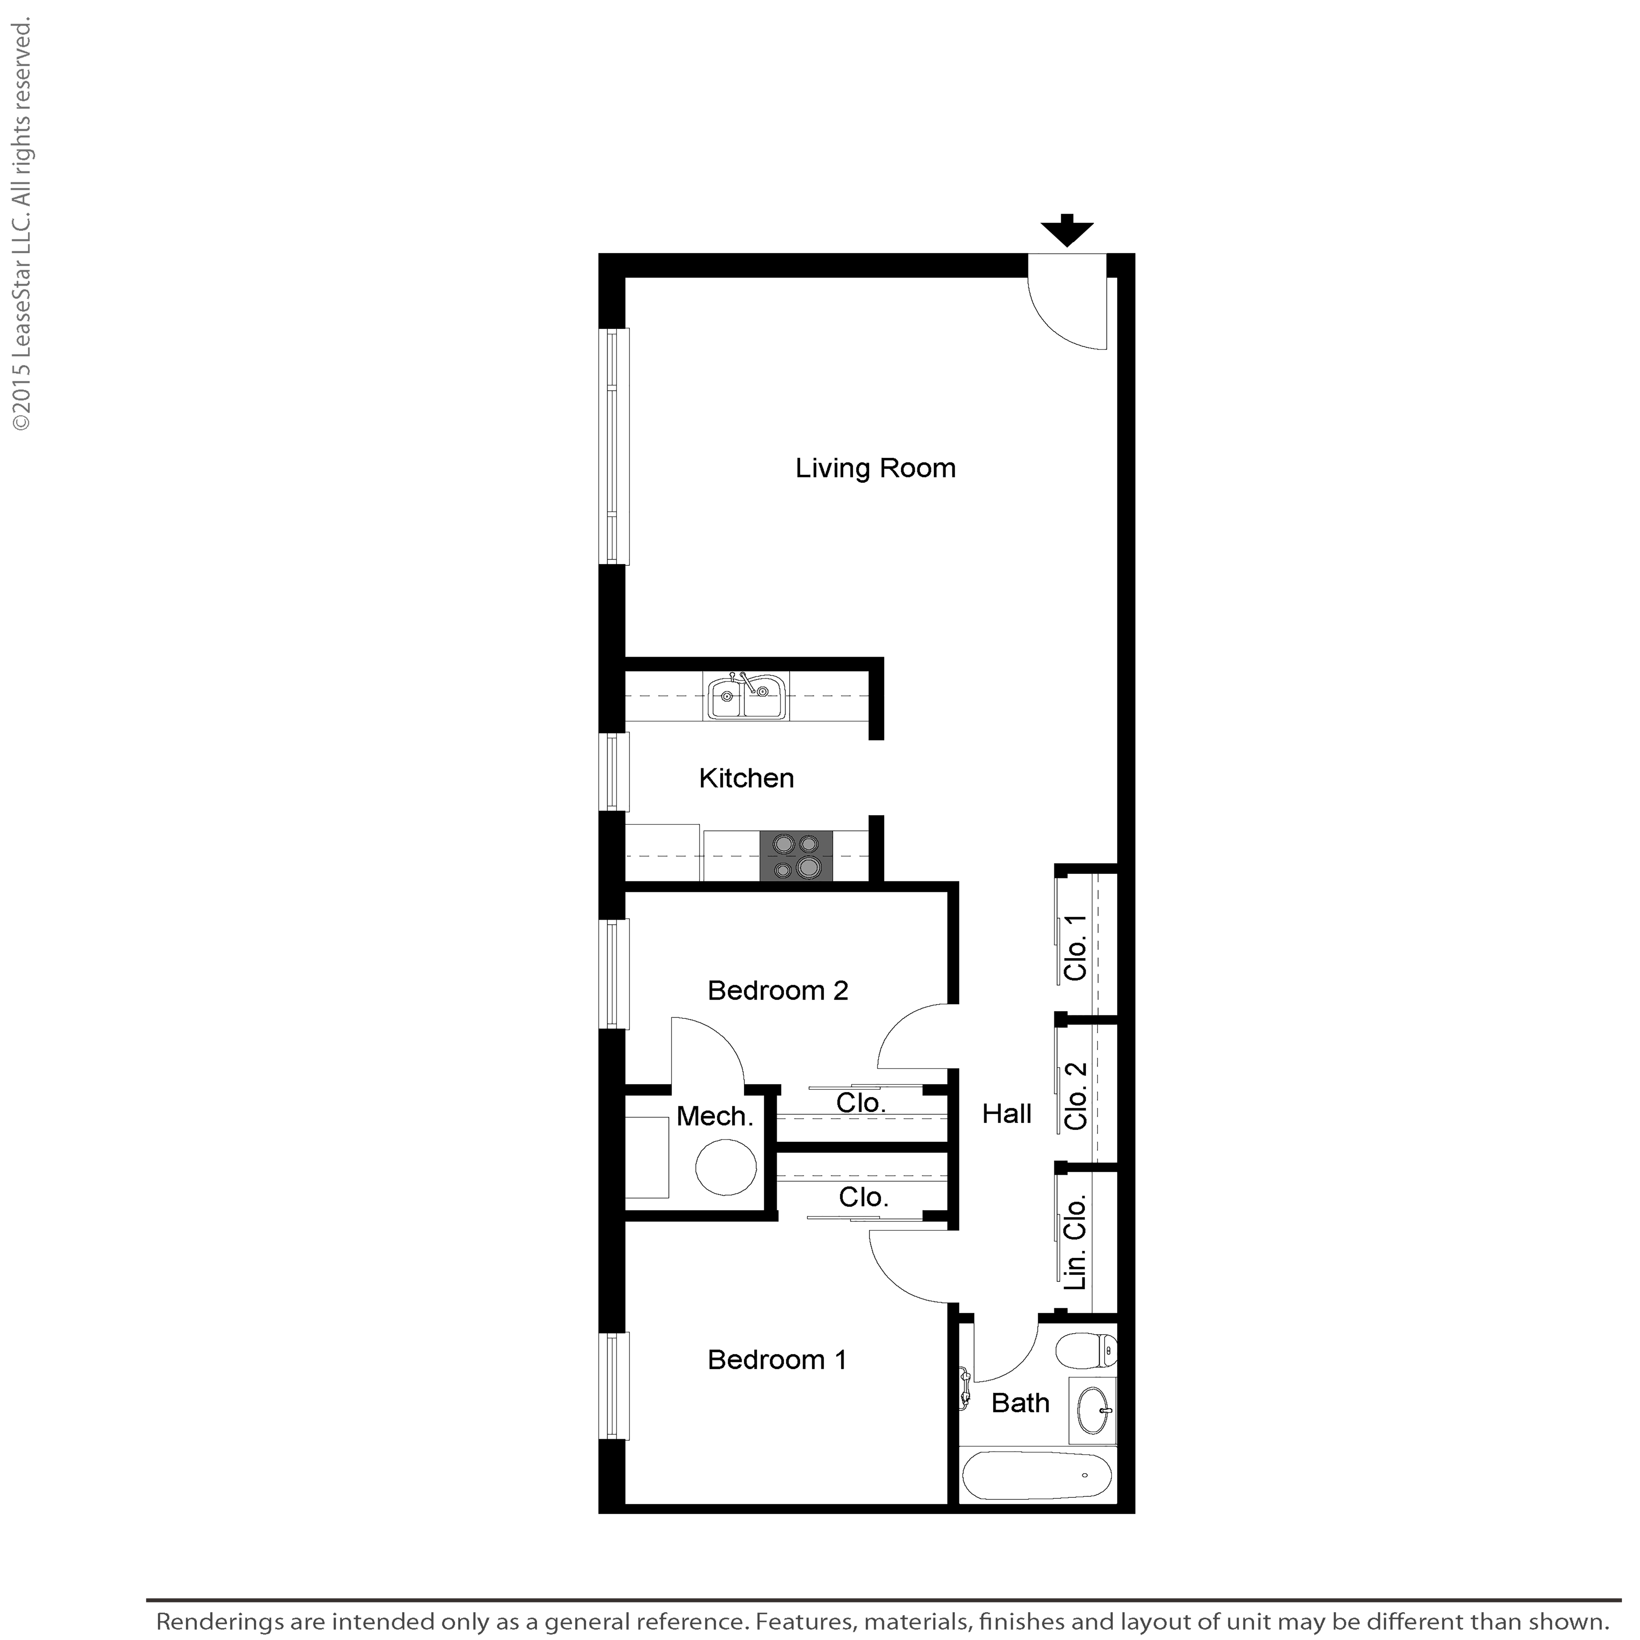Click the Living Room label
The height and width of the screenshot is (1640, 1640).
click(875, 469)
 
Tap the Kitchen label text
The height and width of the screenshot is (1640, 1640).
click(746, 779)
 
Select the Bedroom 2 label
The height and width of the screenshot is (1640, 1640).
click(777, 991)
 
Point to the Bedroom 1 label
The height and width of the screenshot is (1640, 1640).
click(777, 1360)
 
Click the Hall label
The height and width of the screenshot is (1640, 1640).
click(1007, 1114)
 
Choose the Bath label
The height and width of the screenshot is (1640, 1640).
click(1020, 1403)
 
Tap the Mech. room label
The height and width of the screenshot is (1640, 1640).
click(715, 1116)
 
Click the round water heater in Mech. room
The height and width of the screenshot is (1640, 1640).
click(726, 1169)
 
